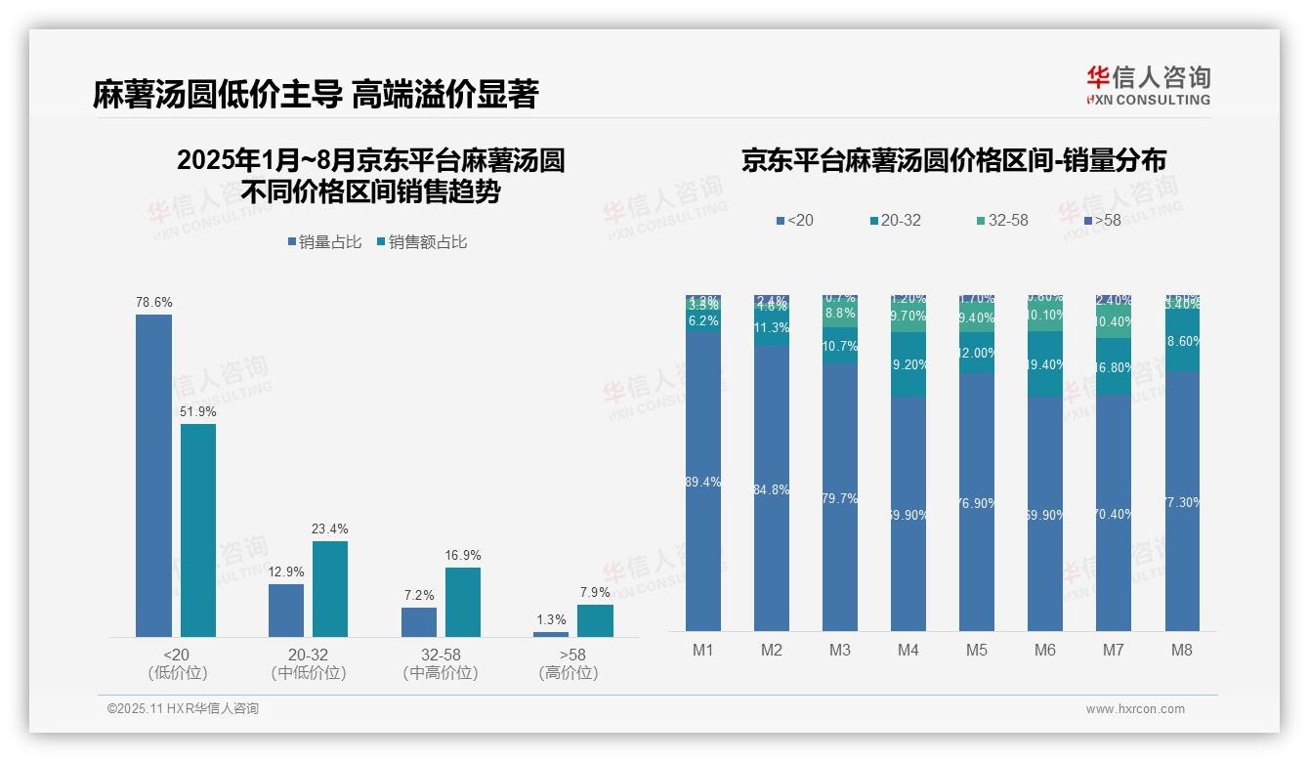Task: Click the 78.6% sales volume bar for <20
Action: point(153,475)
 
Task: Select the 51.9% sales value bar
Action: point(198,529)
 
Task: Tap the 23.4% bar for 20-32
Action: point(330,588)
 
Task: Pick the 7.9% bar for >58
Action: point(595,620)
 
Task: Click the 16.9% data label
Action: point(463,556)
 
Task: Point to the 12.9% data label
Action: point(286,571)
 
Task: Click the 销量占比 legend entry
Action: point(327,242)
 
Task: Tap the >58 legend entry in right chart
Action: point(1102,221)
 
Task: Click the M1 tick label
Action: point(703,650)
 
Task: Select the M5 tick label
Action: point(977,650)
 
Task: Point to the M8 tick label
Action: point(1182,650)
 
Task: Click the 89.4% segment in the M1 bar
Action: point(703,482)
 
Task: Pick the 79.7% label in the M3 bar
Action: point(840,498)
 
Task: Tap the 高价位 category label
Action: point(568,673)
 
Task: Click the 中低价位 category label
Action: point(308,673)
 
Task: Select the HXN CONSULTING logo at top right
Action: point(1148,86)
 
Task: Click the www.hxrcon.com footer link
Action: point(1135,709)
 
